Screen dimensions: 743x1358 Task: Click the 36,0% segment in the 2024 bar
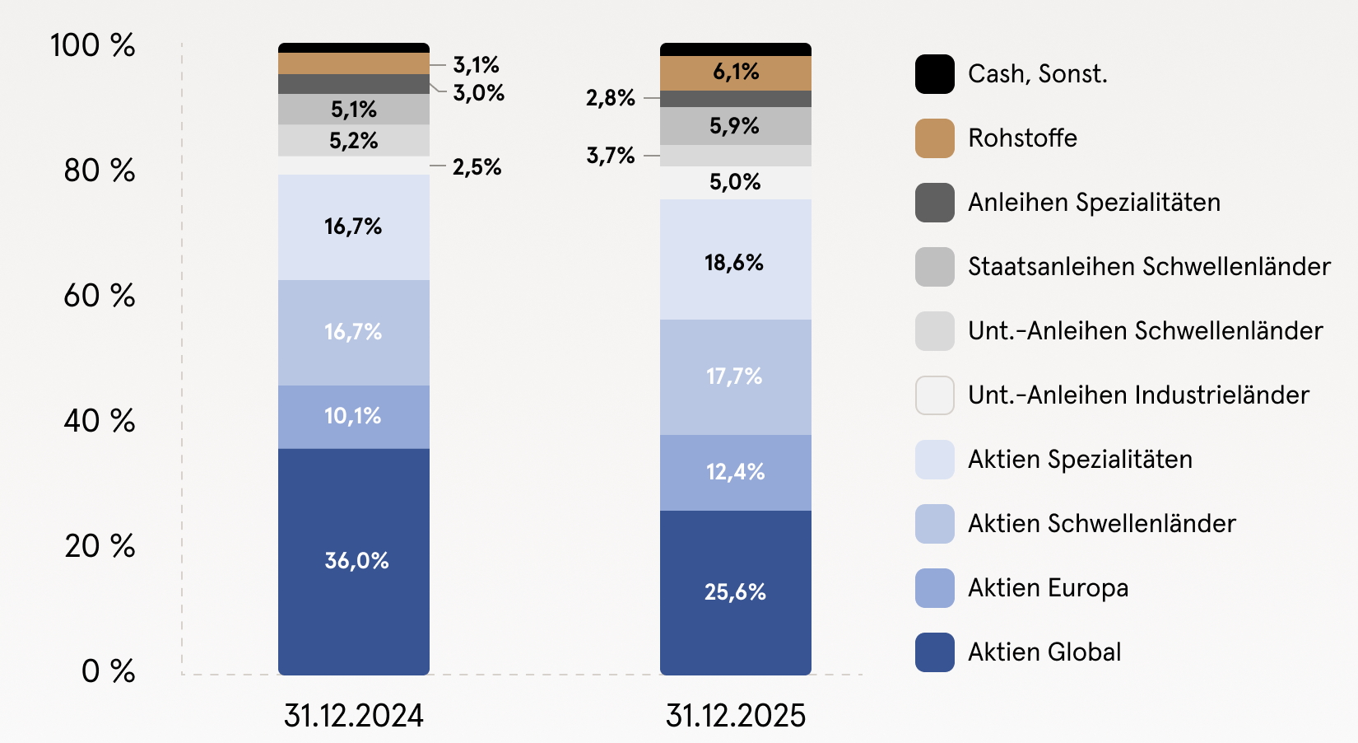pyautogui.click(x=354, y=561)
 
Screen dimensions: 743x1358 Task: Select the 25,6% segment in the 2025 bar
pyautogui.click(x=735, y=591)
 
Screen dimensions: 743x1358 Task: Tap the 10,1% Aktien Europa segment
pyautogui.click(x=354, y=416)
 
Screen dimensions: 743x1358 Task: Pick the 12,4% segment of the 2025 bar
pyautogui.click(x=735, y=472)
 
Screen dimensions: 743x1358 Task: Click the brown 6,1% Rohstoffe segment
pyautogui.click(x=735, y=72)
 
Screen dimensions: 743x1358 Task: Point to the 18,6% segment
pyautogui.click(x=735, y=262)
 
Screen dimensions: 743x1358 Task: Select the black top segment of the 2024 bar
pyautogui.click(x=354, y=48)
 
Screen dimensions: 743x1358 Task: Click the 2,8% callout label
pyautogui.click(x=610, y=98)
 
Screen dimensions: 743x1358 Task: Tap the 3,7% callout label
pyautogui.click(x=610, y=155)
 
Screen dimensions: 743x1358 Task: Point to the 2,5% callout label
pyautogui.click(x=477, y=167)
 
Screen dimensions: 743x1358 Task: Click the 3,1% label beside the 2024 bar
pyautogui.click(x=476, y=64)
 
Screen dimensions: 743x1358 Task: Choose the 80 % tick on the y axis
pyautogui.click(x=100, y=171)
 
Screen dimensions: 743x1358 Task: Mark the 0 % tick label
pyautogui.click(x=108, y=671)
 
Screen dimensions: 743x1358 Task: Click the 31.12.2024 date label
pyautogui.click(x=354, y=715)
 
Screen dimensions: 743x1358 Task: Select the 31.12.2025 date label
pyautogui.click(x=735, y=715)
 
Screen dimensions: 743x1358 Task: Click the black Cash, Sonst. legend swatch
pyautogui.click(x=934, y=74)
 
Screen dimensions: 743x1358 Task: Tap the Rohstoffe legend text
pyautogui.click(x=1022, y=138)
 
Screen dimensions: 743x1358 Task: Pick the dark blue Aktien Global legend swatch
pyautogui.click(x=934, y=652)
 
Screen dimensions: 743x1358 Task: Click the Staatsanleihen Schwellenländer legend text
pyautogui.click(x=1149, y=266)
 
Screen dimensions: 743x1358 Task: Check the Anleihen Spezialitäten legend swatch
pyautogui.click(x=934, y=203)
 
